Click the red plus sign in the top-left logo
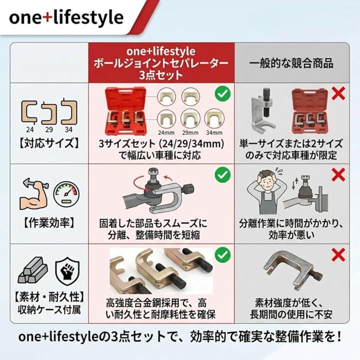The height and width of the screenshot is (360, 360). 47,18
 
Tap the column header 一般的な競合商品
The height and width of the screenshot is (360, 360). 291,63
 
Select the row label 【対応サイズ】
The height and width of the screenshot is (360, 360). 49,143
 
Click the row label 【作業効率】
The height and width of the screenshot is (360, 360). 49,222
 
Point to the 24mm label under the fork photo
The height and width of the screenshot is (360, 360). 166,132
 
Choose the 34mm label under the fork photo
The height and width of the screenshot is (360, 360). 214,132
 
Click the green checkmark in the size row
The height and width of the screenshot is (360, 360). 222,93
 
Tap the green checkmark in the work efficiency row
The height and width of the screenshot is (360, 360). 222,175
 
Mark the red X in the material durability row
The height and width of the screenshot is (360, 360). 338,254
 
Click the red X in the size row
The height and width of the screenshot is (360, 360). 338,93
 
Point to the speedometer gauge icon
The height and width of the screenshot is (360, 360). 66,194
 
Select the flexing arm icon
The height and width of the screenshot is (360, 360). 34,194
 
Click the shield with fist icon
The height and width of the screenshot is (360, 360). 67,271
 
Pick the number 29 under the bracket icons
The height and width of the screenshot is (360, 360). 49,129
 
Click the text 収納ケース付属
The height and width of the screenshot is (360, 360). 49,309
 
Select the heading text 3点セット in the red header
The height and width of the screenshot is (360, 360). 161,75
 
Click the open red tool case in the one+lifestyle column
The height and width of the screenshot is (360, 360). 126,110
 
